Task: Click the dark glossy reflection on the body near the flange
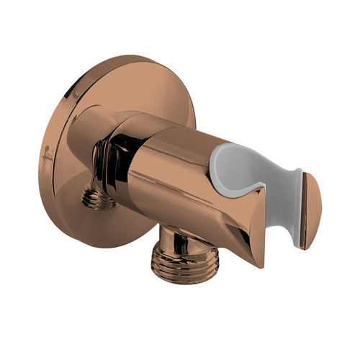(122, 155)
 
